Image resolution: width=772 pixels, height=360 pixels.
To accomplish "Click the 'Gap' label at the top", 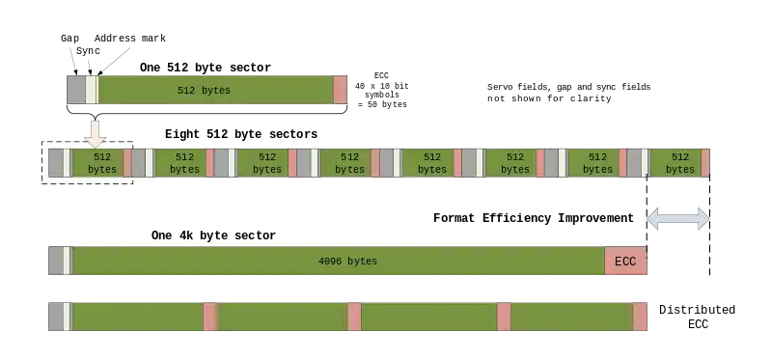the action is (x=69, y=39).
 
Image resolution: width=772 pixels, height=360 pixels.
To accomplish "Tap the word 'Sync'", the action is (x=88, y=51).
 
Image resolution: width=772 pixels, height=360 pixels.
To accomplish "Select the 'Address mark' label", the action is (x=130, y=39).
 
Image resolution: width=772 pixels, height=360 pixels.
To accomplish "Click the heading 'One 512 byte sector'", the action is (x=206, y=68).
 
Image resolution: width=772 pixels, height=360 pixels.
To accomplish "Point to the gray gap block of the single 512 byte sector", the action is (x=76, y=90).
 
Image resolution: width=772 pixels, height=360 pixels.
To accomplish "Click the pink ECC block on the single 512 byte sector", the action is (x=341, y=90).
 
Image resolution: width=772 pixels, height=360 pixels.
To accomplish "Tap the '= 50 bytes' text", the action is (x=382, y=104).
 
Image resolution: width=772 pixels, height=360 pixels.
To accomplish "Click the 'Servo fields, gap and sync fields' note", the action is (x=568, y=87).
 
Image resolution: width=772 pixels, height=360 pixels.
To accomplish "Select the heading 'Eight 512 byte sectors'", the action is (x=241, y=134).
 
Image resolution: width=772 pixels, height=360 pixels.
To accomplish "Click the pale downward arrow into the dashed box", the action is (x=95, y=134).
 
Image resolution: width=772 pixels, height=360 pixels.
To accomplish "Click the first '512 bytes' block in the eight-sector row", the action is (x=98, y=162).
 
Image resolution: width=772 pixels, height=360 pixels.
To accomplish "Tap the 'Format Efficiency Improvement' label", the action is (x=534, y=218).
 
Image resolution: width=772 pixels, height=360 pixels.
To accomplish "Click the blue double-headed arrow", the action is (x=678, y=219).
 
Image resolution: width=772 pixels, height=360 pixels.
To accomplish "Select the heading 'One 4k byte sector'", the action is (x=213, y=235).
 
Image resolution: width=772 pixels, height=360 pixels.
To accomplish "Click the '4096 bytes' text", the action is (x=347, y=261).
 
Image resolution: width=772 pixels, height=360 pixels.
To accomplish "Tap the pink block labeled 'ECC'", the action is (x=625, y=261).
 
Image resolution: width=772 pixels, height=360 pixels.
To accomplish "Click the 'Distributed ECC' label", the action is (x=697, y=317).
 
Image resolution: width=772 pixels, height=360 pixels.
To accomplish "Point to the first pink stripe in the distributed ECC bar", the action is (x=210, y=317).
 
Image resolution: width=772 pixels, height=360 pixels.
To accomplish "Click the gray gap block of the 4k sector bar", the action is (x=56, y=261).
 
